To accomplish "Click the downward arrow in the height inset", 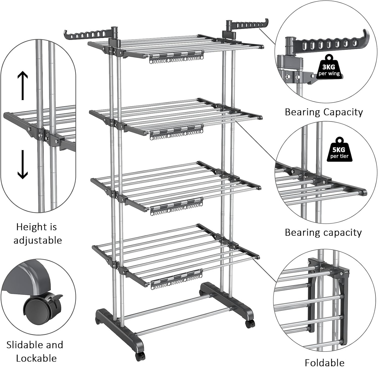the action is pyautogui.click(x=23, y=164).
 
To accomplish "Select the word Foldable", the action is pyautogui.click(x=325, y=362).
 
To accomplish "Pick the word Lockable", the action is pyautogui.click(x=36, y=358).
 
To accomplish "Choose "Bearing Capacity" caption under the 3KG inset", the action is pyautogui.click(x=324, y=112).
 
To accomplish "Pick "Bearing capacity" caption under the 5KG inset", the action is pyautogui.click(x=323, y=233).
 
